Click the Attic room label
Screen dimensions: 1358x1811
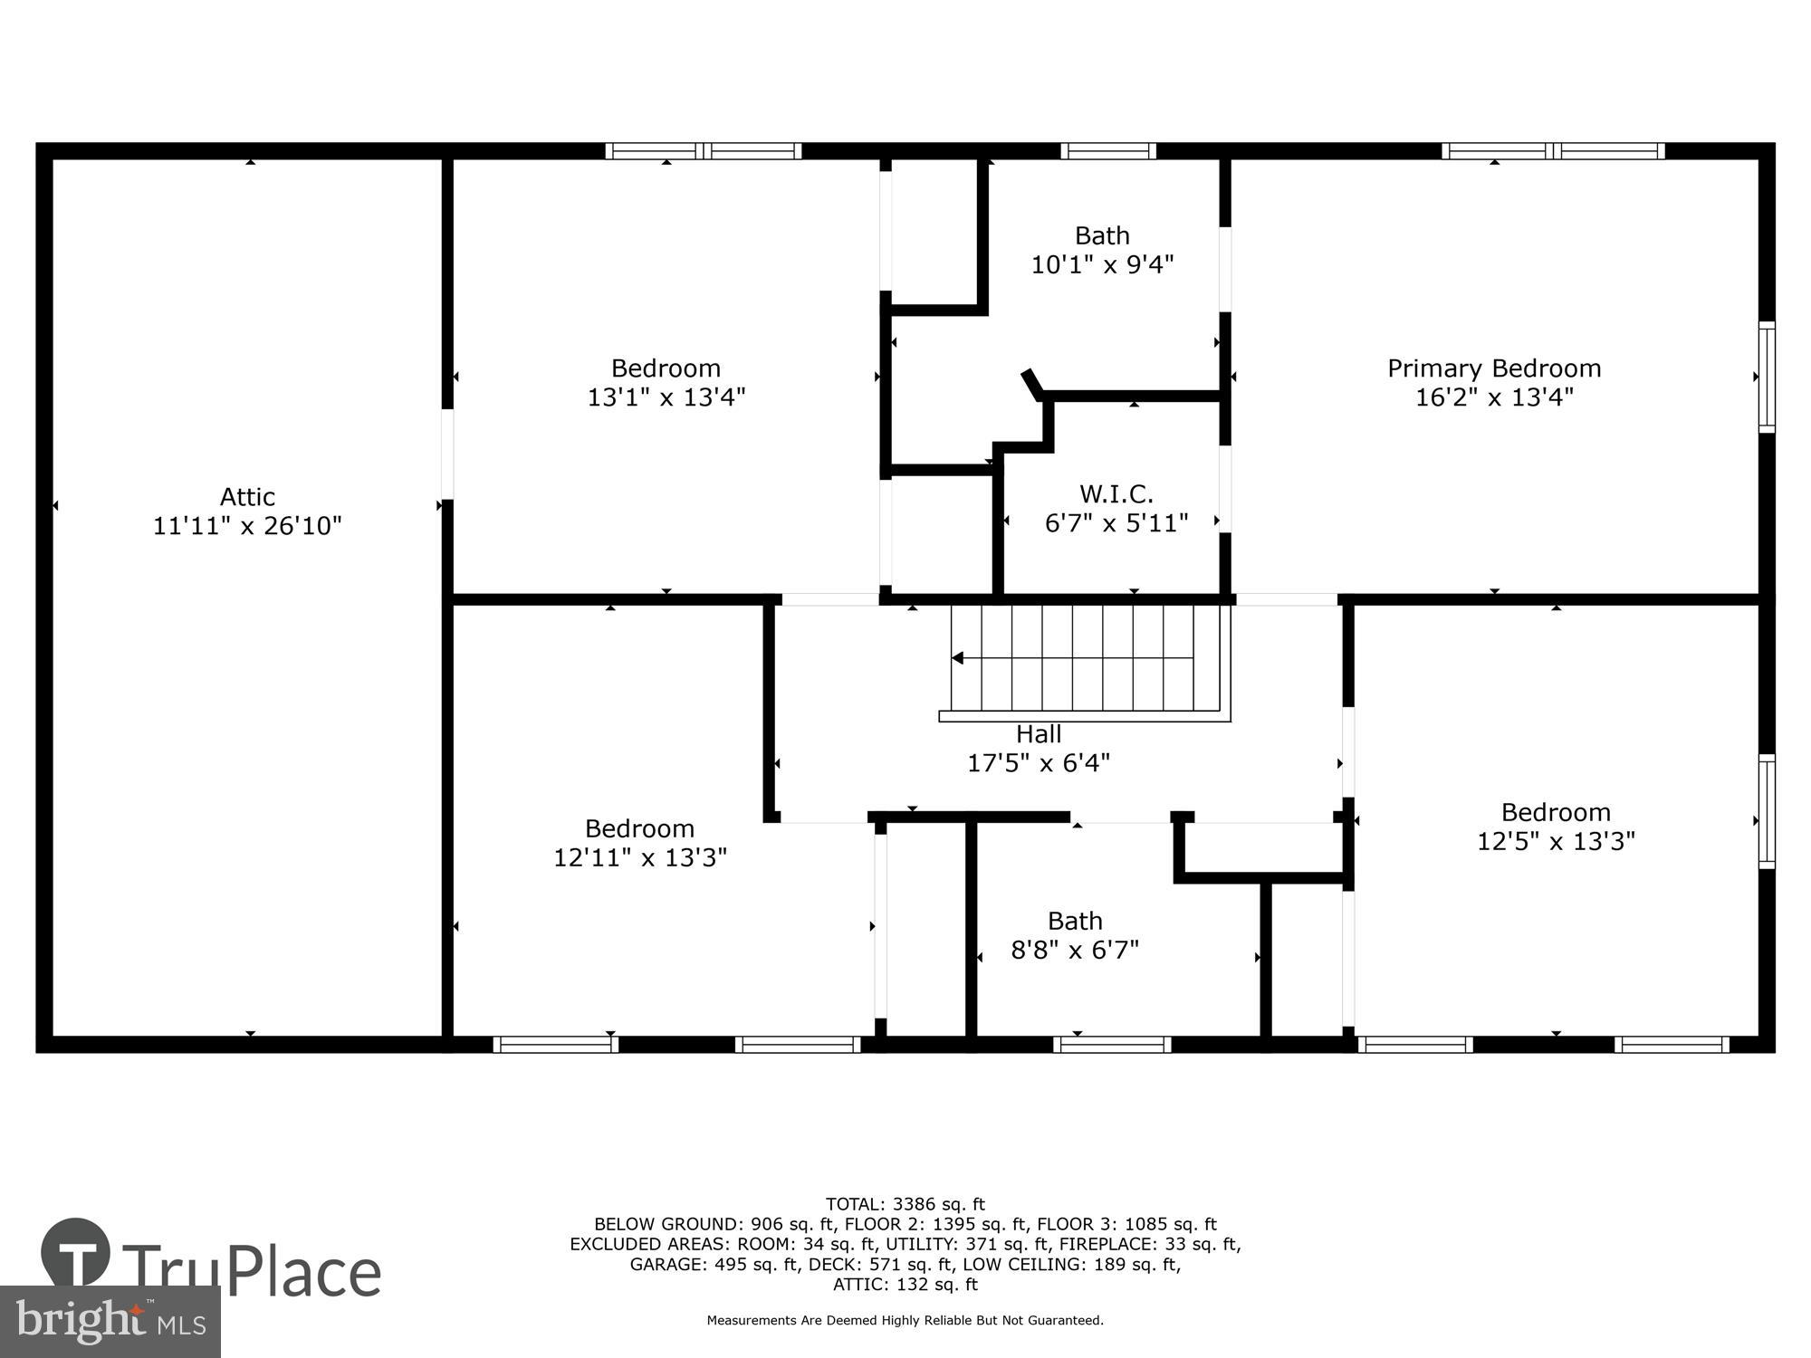(x=247, y=497)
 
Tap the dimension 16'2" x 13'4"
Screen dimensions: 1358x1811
(x=1494, y=397)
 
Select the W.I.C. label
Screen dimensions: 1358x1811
(x=1116, y=494)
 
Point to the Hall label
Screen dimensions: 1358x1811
(x=1039, y=734)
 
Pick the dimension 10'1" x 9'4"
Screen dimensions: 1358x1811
(x=1102, y=265)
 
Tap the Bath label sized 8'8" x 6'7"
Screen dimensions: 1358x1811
(x=1075, y=922)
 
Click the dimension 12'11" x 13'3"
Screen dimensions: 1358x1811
(x=640, y=857)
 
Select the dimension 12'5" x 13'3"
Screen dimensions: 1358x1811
(x=1556, y=841)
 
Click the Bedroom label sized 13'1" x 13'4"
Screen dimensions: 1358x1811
(x=666, y=368)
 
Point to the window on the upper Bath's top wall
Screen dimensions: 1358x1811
(x=1108, y=151)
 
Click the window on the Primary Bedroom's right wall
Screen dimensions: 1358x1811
(x=1767, y=377)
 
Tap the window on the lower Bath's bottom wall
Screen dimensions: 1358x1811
(x=1112, y=1045)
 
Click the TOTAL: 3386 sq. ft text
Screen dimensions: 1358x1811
(x=905, y=1204)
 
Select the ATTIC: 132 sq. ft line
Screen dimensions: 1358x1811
(x=905, y=1284)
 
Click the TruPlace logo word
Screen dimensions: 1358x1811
(x=252, y=1271)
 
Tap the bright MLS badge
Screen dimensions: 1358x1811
(x=110, y=1322)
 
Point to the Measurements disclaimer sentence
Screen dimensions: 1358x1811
(x=905, y=1321)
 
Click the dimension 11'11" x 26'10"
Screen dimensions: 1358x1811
(x=247, y=526)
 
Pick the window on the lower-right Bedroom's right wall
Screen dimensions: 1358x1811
(x=1767, y=812)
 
